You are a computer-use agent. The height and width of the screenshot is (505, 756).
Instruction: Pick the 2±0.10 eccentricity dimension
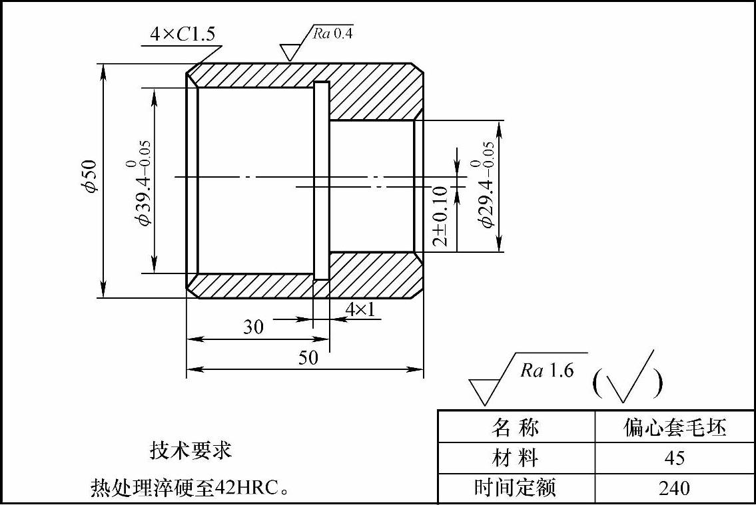point(440,216)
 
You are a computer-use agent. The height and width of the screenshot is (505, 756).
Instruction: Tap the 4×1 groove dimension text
point(360,309)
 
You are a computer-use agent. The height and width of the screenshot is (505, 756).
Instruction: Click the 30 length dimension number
point(253,327)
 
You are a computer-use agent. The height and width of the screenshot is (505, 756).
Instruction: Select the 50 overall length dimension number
point(308,358)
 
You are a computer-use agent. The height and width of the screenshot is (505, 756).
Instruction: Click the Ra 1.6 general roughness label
point(547,371)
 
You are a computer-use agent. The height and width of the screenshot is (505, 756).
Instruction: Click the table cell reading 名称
point(516,427)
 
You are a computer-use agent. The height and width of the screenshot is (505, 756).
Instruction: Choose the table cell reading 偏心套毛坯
point(675,427)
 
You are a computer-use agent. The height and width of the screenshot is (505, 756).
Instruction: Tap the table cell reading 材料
point(516,458)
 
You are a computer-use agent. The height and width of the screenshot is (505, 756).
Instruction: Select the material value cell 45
point(675,458)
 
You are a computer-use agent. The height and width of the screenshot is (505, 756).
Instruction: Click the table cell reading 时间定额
point(515,488)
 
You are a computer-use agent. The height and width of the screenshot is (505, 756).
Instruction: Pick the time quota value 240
point(675,488)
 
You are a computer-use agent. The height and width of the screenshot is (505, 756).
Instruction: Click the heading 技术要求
point(191,451)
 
